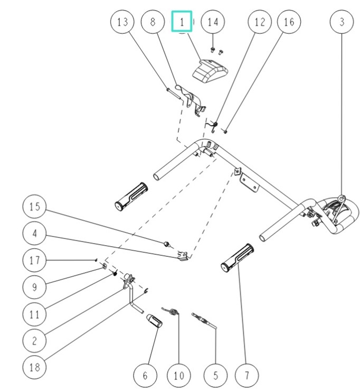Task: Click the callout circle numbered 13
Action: pos(122,22)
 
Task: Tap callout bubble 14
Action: pos(213,22)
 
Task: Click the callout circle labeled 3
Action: pos(342,22)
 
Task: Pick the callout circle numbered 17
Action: pos(34,260)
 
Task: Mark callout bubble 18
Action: pos(34,368)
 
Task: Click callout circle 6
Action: pos(146,376)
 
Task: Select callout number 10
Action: pos(178,376)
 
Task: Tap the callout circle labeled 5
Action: pos(215,376)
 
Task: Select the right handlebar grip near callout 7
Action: pos(237,257)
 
